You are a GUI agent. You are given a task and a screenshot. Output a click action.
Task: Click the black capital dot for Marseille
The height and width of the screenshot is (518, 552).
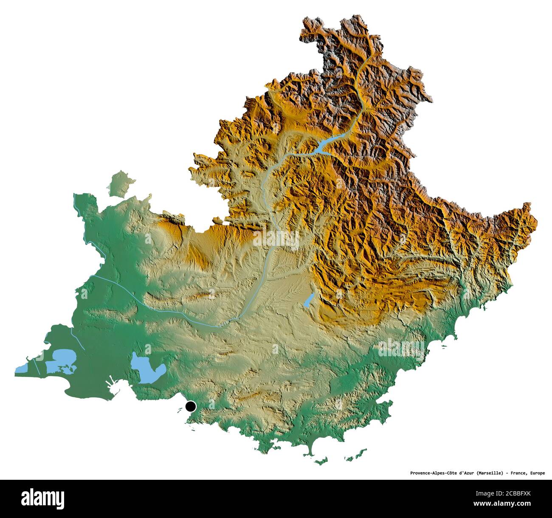[x=191, y=406]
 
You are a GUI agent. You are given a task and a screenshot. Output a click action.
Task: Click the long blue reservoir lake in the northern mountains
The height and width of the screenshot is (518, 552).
[x=323, y=145]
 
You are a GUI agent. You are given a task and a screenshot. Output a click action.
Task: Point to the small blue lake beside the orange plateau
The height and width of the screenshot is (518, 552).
[x=309, y=300]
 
